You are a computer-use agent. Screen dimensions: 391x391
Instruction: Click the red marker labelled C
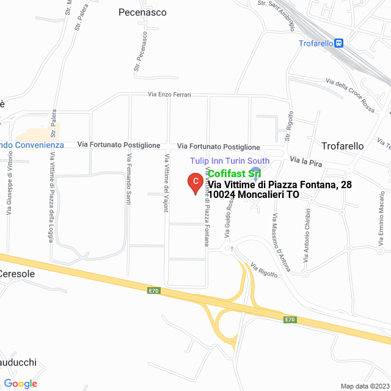click(x=195, y=182)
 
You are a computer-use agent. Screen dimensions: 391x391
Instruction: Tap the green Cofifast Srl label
click(x=235, y=174)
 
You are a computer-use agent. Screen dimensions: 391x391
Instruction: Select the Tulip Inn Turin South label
click(x=229, y=161)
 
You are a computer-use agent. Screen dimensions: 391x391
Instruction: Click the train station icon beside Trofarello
click(x=339, y=43)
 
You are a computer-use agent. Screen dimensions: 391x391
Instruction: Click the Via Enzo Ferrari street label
click(x=169, y=95)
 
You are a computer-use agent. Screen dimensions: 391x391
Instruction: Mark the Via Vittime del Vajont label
click(x=166, y=183)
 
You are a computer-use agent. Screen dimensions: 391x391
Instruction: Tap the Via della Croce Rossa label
click(x=351, y=95)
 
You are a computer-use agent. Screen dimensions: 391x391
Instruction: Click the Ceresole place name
click(x=18, y=274)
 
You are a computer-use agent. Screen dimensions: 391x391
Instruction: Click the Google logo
click(x=20, y=384)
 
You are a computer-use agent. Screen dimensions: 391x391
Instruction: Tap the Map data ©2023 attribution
click(x=365, y=386)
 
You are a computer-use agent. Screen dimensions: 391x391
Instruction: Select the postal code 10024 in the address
click(x=222, y=195)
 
